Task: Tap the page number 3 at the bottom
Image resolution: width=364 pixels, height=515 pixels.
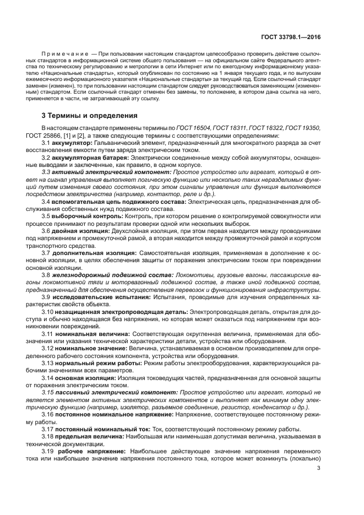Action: pos(319,468)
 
